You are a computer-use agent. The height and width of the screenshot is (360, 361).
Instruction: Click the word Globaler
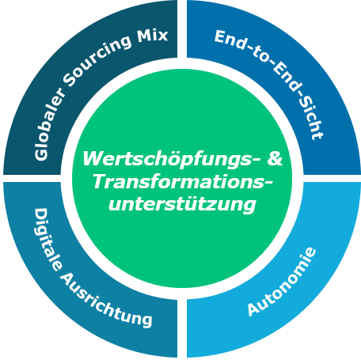click(49, 124)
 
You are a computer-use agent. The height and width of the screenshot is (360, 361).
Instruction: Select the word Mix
click(153, 36)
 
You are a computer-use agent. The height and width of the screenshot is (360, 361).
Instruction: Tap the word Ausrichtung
click(105, 301)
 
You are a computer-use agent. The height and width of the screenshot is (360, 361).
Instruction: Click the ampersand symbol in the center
click(275, 158)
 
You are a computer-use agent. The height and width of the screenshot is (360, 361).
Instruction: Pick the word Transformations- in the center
click(183, 182)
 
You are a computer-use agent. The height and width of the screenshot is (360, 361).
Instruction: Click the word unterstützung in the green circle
click(182, 205)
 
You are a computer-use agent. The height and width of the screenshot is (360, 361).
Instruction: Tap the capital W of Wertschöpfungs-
click(93, 158)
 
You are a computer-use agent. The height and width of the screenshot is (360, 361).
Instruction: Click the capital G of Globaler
click(41, 153)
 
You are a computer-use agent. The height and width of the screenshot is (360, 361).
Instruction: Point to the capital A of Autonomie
click(254, 309)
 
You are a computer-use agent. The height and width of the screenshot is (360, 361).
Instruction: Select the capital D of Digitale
click(41, 216)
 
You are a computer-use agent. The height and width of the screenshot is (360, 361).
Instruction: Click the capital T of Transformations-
click(101, 181)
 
